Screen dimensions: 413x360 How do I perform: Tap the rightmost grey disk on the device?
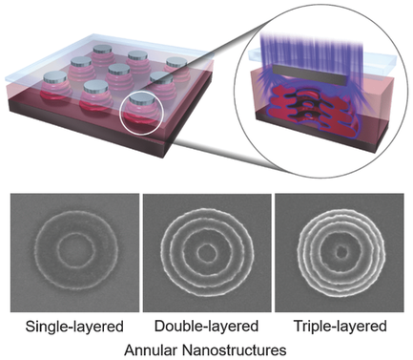click(177, 66)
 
